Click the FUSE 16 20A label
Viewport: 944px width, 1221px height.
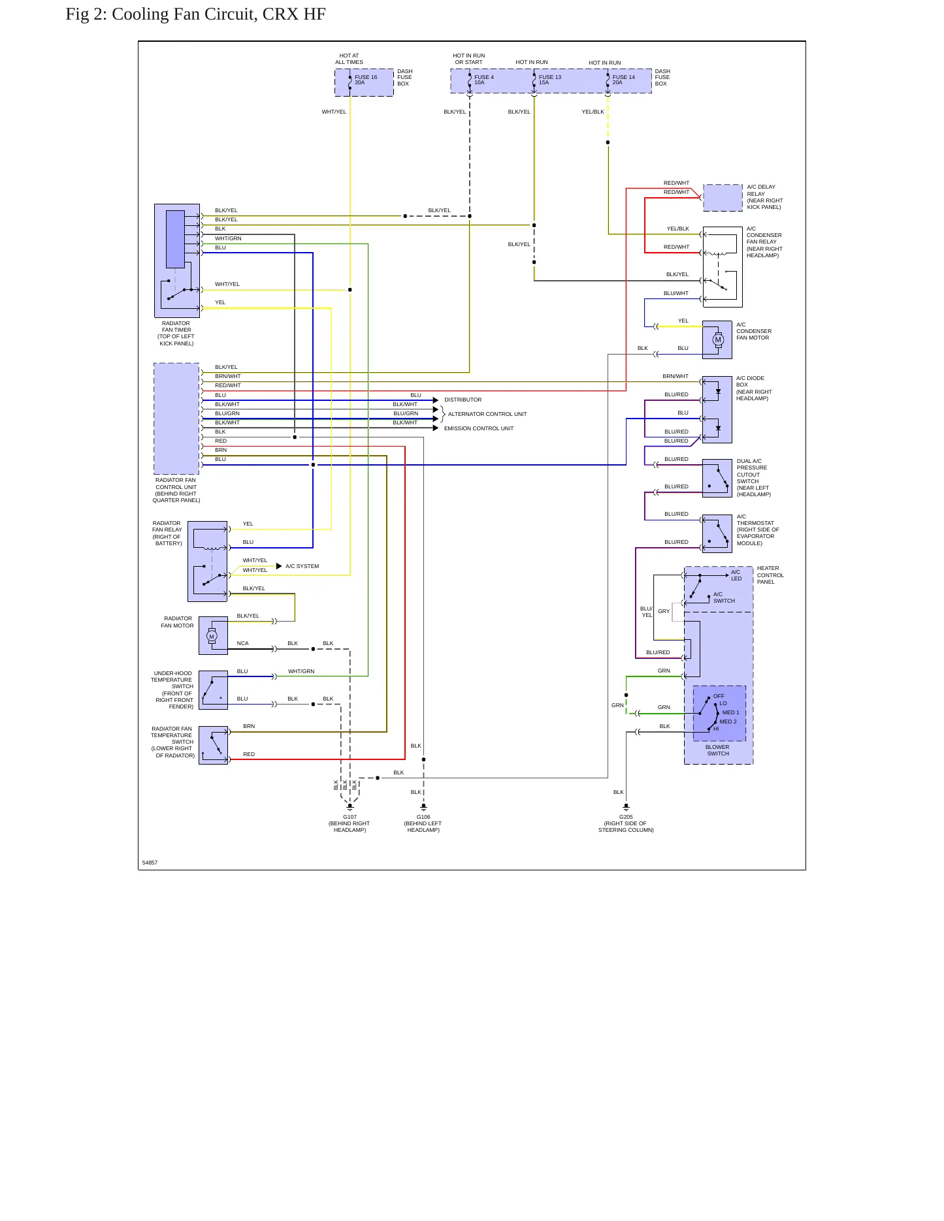(366, 80)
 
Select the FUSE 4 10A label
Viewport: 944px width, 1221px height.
(484, 80)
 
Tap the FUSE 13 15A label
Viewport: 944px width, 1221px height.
(550, 80)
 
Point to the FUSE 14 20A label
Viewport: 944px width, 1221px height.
(623, 80)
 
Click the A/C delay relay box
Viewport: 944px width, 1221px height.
(723, 197)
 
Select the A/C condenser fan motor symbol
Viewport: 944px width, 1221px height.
(718, 340)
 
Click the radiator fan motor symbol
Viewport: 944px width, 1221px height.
(212, 636)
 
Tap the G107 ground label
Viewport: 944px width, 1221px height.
(350, 823)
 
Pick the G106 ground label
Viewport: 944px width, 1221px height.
(423, 823)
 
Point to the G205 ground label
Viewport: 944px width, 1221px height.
(626, 823)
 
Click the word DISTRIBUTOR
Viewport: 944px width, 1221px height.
(463, 400)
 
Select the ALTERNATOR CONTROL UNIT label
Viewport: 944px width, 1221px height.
(487, 414)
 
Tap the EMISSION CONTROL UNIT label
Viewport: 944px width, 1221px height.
(479, 428)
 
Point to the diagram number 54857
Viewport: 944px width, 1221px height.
(150, 863)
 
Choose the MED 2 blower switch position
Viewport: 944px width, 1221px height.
(728, 721)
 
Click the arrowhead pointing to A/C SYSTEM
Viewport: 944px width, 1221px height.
(279, 566)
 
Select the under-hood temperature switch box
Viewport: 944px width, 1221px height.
(213, 690)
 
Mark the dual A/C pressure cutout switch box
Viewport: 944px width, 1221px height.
(717, 479)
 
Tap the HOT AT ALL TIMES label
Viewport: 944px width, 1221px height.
(349, 59)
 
